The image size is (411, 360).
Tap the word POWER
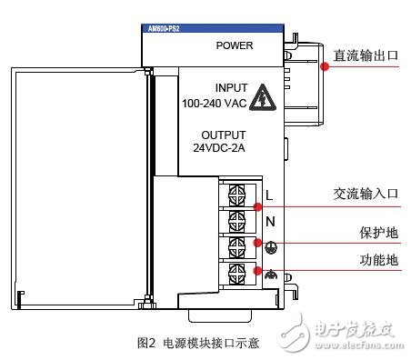click(x=235, y=45)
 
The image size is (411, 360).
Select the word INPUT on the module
click(x=231, y=88)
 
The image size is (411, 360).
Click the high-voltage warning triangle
click(x=263, y=95)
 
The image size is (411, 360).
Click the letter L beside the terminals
click(x=269, y=195)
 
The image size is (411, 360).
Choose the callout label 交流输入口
click(x=365, y=194)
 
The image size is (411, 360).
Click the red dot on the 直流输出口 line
click(x=323, y=65)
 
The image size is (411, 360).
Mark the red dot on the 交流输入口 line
click(x=258, y=206)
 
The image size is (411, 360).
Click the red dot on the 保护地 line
click(x=258, y=245)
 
